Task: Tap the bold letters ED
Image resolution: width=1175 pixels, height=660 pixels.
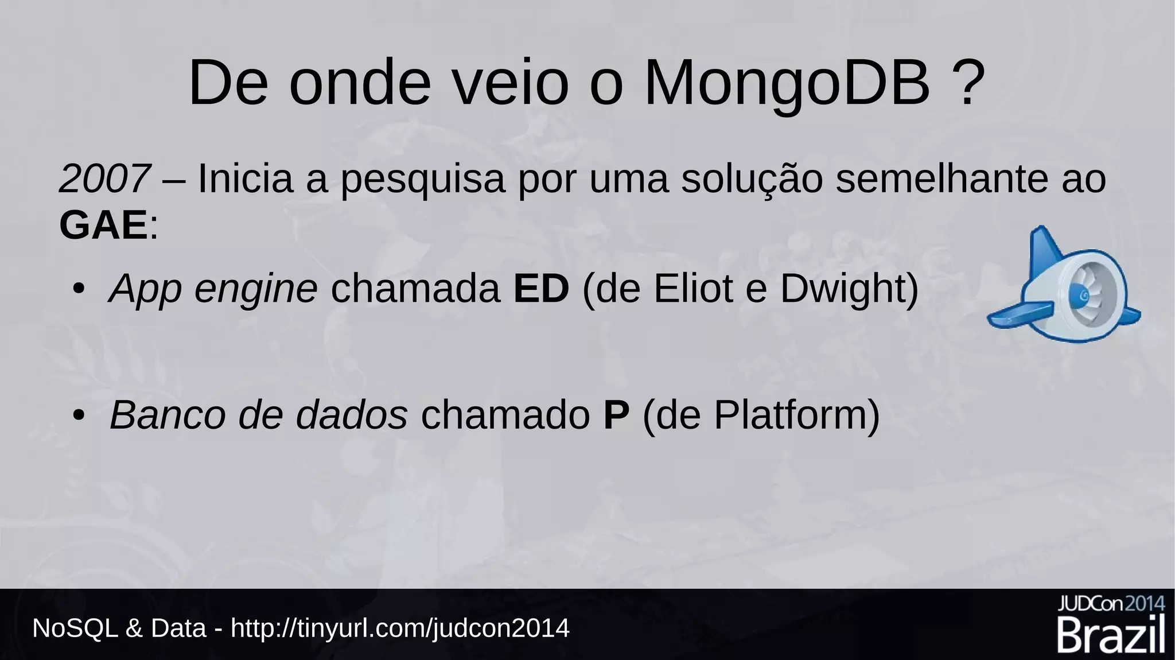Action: [x=540, y=289]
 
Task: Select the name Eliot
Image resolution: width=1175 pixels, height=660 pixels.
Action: [x=692, y=289]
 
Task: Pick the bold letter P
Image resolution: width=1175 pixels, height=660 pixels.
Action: [x=616, y=415]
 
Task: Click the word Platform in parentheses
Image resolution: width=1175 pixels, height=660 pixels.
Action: [x=789, y=415]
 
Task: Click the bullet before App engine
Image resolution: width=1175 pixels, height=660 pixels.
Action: [x=79, y=289]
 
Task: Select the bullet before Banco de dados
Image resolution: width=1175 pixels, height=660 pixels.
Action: [x=79, y=415]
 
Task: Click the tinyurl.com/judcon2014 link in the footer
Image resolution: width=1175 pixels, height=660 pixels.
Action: [x=400, y=628]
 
